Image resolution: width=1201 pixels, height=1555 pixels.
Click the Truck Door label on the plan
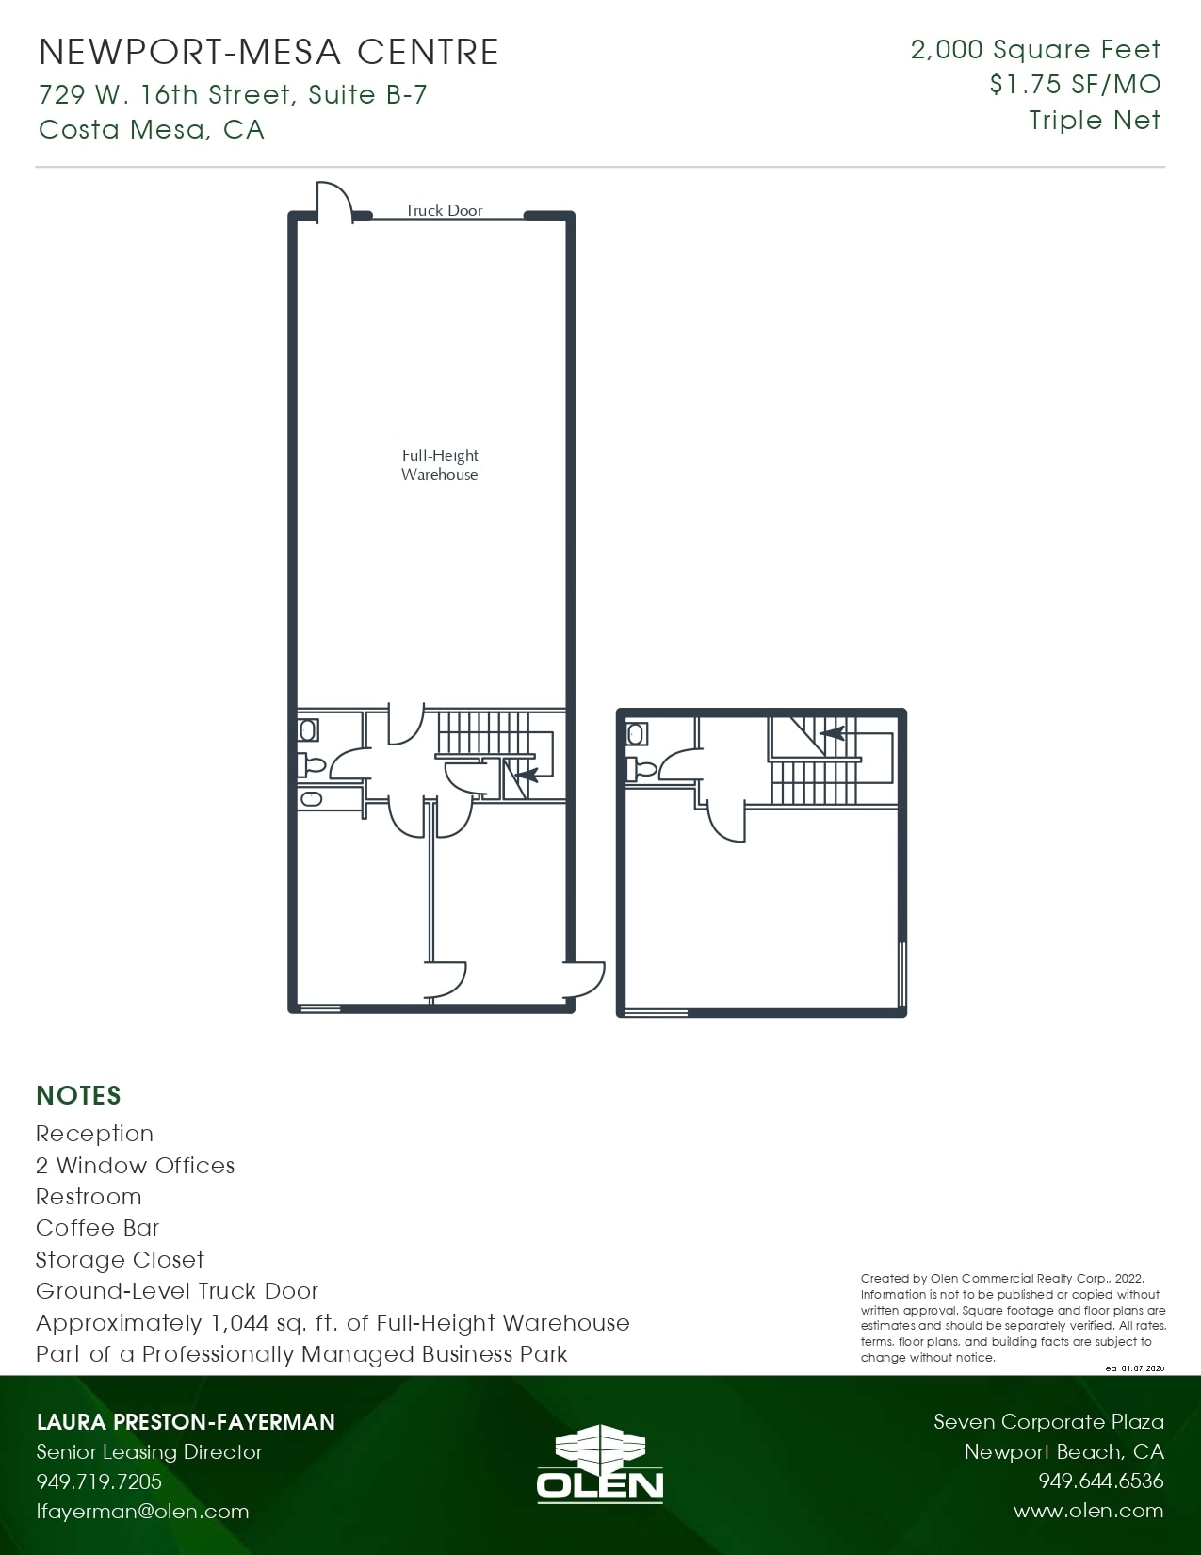444,210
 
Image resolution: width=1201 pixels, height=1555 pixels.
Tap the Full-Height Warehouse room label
439,465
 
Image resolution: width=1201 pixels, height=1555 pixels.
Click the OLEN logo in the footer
599,1464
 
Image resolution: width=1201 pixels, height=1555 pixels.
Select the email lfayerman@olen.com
142,1511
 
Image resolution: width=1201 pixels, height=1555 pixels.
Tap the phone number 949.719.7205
99,1481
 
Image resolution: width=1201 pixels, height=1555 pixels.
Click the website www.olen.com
1088,1510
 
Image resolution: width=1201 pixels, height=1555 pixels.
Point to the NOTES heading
79,1096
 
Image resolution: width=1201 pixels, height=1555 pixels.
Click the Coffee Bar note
97,1227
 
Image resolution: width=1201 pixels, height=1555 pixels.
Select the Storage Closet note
121,1259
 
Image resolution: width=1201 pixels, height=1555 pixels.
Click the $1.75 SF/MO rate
1075,85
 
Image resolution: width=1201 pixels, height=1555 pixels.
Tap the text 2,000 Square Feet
1035,49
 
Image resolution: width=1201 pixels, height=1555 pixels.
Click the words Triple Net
1095,121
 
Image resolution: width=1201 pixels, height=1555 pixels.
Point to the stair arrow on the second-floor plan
833,733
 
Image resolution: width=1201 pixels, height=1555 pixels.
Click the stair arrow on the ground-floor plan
527,775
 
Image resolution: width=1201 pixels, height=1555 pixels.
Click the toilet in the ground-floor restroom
313,765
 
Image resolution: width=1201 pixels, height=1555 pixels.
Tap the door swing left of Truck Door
334,199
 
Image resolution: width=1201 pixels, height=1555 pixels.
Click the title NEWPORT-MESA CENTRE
269,52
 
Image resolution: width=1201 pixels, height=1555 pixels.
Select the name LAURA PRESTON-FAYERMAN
186,1422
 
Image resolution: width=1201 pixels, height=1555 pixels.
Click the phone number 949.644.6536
1101,1480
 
